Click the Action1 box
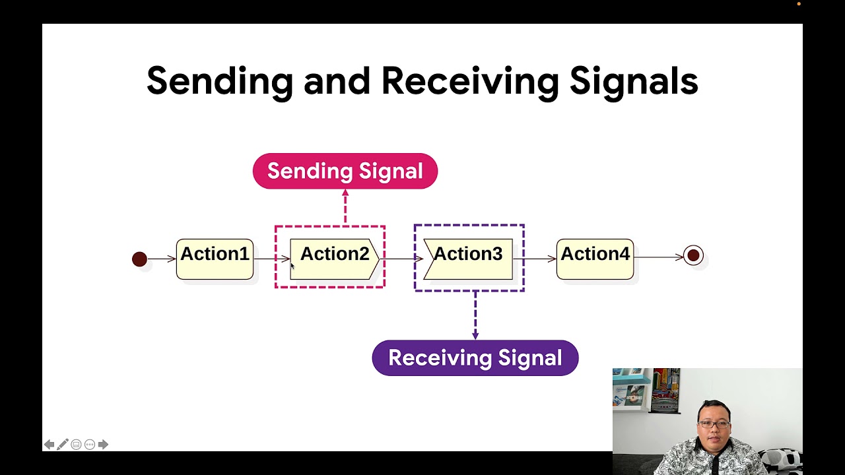pos(215,259)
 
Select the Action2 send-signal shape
pos(334,259)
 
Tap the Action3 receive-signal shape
pos(468,259)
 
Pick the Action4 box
pos(595,259)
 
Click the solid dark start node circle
pos(139,259)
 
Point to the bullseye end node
pos(693,255)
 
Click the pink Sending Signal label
pos(345,171)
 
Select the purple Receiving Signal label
pos(475,358)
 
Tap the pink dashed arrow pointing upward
pos(345,206)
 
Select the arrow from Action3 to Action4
pos(535,258)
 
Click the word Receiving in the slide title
pos(469,82)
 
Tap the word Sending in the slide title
pos(219,82)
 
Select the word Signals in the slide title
pos(633,82)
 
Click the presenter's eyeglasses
pos(714,424)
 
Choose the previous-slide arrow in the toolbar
pos(49,445)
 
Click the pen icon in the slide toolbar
pos(63,445)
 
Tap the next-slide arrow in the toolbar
pos(103,445)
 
